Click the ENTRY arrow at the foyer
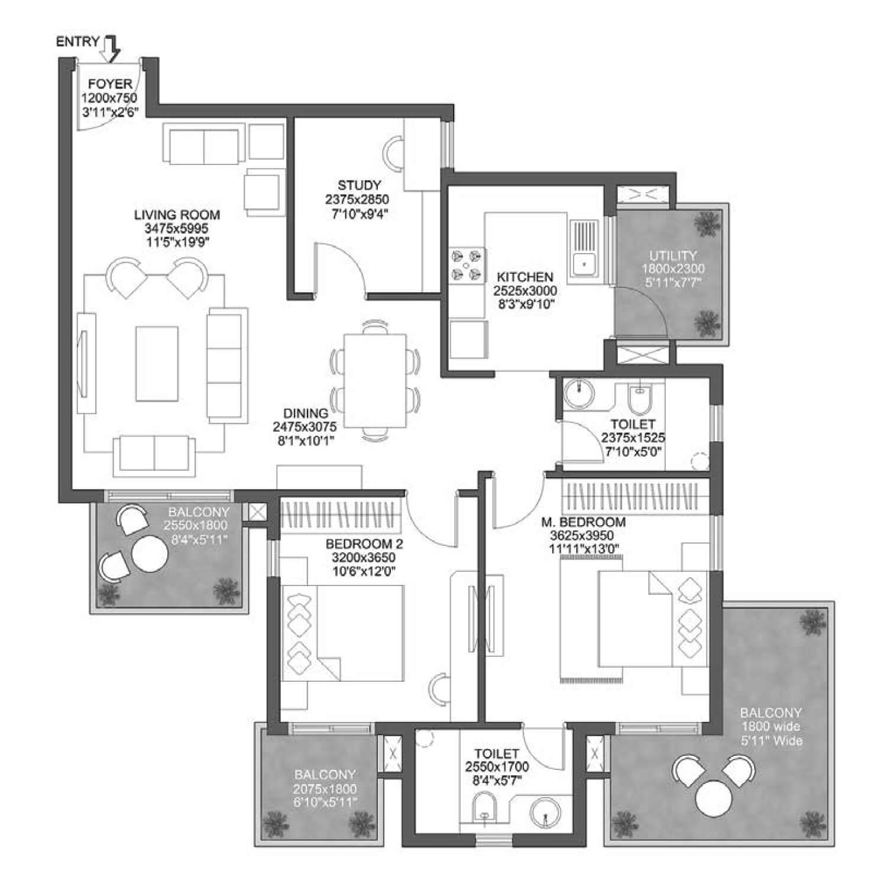click(111, 49)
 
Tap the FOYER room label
click(110, 84)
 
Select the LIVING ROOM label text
click(177, 215)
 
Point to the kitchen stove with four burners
click(467, 264)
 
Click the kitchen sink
click(584, 249)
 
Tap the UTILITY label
click(673, 256)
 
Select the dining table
click(375, 381)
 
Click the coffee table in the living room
click(157, 364)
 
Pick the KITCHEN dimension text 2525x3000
click(525, 291)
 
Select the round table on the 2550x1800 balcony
click(150, 553)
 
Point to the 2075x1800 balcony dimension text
click(325, 789)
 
